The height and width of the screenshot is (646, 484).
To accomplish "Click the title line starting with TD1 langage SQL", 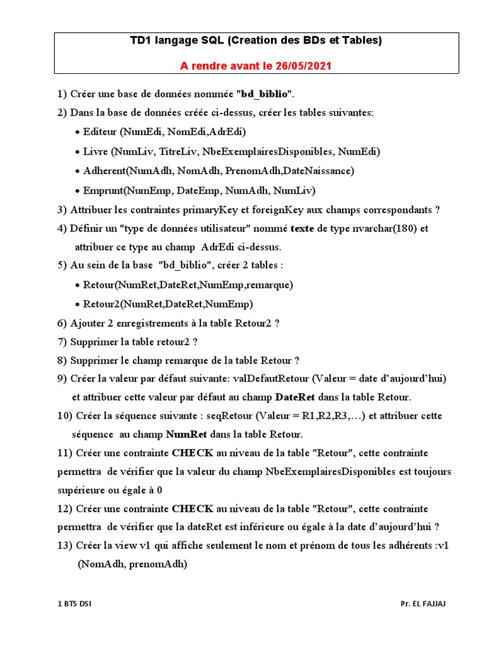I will [x=256, y=41].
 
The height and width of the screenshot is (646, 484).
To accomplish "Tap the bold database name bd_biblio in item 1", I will [x=265, y=94].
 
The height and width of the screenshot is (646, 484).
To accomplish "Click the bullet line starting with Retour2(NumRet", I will [x=168, y=304].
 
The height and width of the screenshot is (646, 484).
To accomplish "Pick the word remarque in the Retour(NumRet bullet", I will [x=270, y=285].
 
